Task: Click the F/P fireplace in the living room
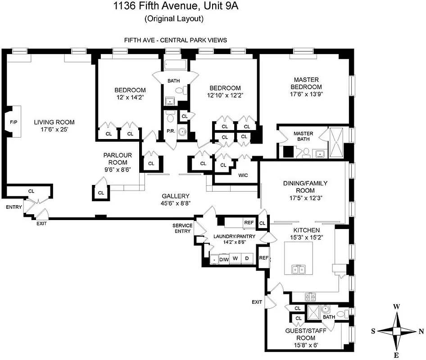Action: click(13, 122)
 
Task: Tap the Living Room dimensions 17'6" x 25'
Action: click(54, 130)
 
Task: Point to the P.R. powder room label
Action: click(171, 131)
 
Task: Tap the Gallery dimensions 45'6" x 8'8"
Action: click(176, 203)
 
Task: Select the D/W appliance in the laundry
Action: click(224, 259)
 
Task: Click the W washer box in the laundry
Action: click(235, 259)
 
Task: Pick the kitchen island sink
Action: click(299, 270)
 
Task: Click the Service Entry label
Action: click(182, 228)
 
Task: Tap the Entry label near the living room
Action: click(14, 207)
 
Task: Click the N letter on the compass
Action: click(421, 331)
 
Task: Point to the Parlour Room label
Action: click(115, 159)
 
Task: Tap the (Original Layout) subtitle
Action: click(174, 19)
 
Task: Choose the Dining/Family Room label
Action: click(305, 187)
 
